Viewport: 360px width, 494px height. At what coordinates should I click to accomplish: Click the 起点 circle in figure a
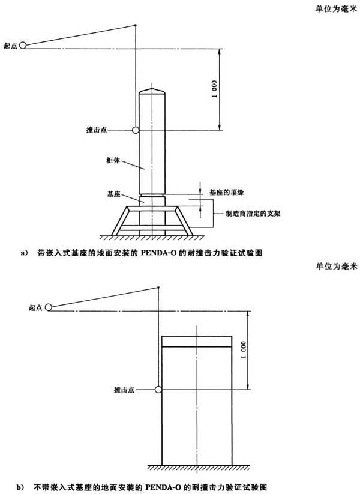pyautogui.click(x=22, y=46)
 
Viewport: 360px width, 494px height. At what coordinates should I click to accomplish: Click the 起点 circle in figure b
pyautogui.click(x=48, y=307)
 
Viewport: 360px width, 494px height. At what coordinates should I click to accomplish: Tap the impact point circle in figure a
pyautogui.click(x=136, y=130)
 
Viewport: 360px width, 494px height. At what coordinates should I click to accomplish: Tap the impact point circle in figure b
pyautogui.click(x=158, y=390)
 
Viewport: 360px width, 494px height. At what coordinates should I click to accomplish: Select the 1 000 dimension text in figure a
pyautogui.click(x=214, y=89)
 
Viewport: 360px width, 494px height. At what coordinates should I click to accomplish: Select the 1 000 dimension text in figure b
pyautogui.click(x=243, y=350)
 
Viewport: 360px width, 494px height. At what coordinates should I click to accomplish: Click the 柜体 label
pyautogui.click(x=113, y=160)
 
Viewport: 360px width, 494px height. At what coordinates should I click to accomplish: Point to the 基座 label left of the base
pyautogui.click(x=114, y=194)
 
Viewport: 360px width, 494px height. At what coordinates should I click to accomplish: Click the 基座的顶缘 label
pyautogui.click(x=227, y=192)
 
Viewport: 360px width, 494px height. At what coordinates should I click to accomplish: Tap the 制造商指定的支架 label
pyautogui.click(x=253, y=214)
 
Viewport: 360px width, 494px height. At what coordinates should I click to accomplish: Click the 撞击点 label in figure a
pyautogui.click(x=97, y=130)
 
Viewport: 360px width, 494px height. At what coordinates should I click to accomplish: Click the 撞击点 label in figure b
pyautogui.click(x=124, y=390)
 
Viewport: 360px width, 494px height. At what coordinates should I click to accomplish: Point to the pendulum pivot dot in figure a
pyautogui.click(x=135, y=25)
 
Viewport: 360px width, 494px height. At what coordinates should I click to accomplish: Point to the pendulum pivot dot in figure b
pyautogui.click(x=158, y=288)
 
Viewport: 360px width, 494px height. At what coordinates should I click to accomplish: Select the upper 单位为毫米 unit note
pyautogui.click(x=337, y=8)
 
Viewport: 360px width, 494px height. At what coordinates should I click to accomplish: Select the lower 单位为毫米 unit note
pyautogui.click(x=337, y=267)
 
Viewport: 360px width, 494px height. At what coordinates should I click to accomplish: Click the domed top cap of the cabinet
pyautogui.click(x=152, y=91)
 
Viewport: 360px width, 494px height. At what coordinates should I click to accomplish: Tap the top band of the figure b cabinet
pyautogui.click(x=197, y=342)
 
